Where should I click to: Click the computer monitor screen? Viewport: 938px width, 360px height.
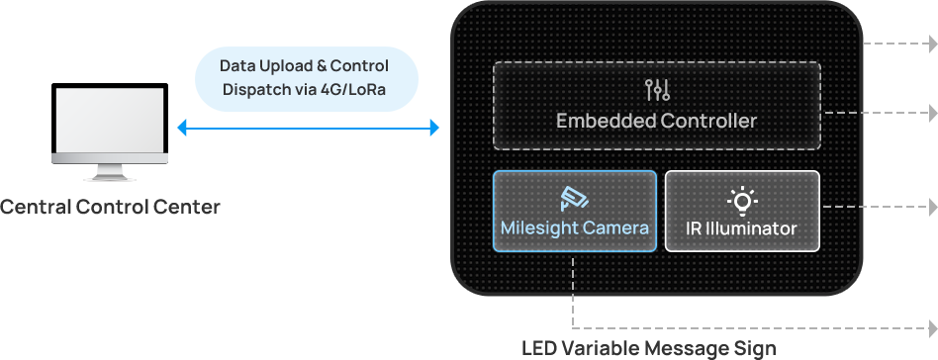pyautogui.click(x=110, y=119)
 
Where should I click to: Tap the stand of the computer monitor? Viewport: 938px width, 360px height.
pyautogui.click(x=110, y=172)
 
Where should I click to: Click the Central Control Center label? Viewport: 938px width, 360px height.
pyautogui.click(x=110, y=208)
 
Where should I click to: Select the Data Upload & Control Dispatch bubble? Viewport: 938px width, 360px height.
pyautogui.click(x=307, y=79)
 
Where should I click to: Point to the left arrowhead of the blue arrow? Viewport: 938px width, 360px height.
pyautogui.click(x=182, y=128)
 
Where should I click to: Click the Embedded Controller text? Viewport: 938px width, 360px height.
pyautogui.click(x=656, y=121)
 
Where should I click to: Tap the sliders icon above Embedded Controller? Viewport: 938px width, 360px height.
pyautogui.click(x=657, y=90)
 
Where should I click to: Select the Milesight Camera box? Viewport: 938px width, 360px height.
pyautogui.click(x=574, y=211)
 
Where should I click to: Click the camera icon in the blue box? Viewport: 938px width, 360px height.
pyautogui.click(x=574, y=199)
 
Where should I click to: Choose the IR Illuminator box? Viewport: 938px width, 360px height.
pyautogui.click(x=742, y=211)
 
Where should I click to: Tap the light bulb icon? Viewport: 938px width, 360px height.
pyautogui.click(x=742, y=202)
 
